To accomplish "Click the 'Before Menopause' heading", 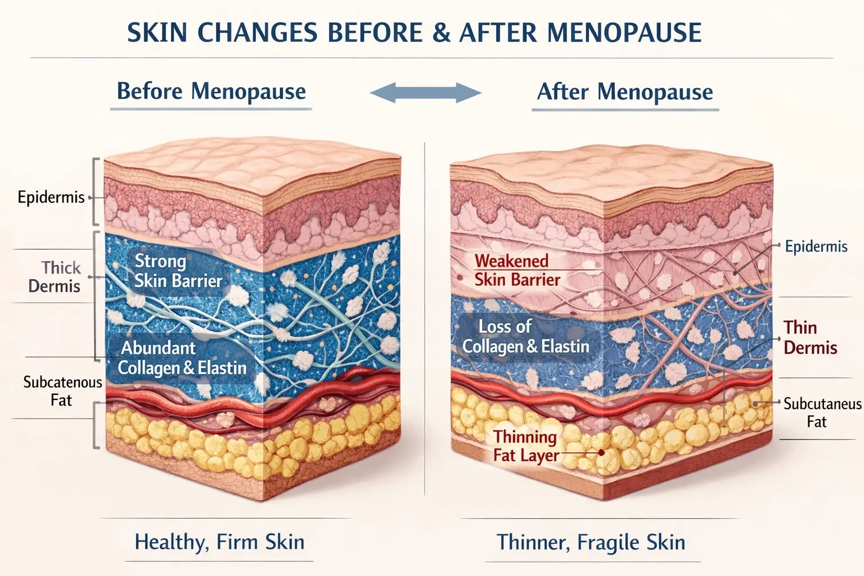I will [211, 91].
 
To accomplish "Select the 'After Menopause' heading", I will [625, 92].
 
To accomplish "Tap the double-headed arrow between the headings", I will [425, 93].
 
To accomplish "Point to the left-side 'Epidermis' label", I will [51, 197].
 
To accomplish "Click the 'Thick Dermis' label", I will [55, 277].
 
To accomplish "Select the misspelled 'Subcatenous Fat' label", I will [62, 391].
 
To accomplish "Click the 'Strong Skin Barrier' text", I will [178, 271].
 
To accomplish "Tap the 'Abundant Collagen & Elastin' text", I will [182, 358].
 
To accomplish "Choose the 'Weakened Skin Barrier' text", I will [517, 270].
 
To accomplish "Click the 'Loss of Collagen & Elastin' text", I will [525, 336].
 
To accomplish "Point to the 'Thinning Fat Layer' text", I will [526, 446].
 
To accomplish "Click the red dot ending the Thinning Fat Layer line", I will [601, 452].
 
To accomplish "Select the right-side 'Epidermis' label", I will [816, 246].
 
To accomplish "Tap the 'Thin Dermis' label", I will [810, 337].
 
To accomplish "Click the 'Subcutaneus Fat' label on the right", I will [821, 412].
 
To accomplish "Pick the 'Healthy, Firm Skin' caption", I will [219, 542].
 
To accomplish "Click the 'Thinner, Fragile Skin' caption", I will [591, 543].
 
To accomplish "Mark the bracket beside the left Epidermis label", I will [95, 191].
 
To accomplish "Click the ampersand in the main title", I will [442, 33].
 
